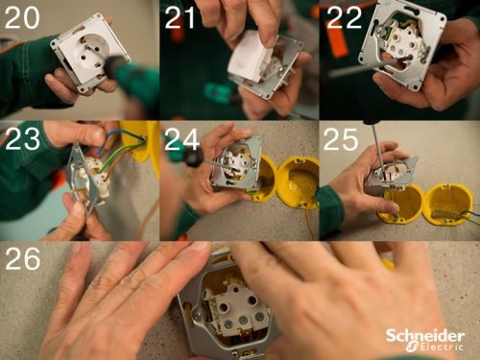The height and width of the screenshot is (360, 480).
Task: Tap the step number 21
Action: (182, 19)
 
